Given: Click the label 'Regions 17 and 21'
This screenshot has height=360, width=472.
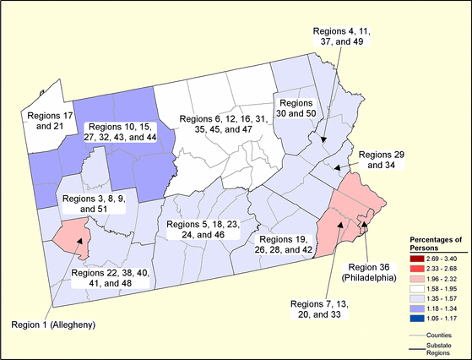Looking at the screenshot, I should tap(52, 121).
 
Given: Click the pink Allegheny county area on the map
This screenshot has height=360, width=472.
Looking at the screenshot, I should tap(71, 237).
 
